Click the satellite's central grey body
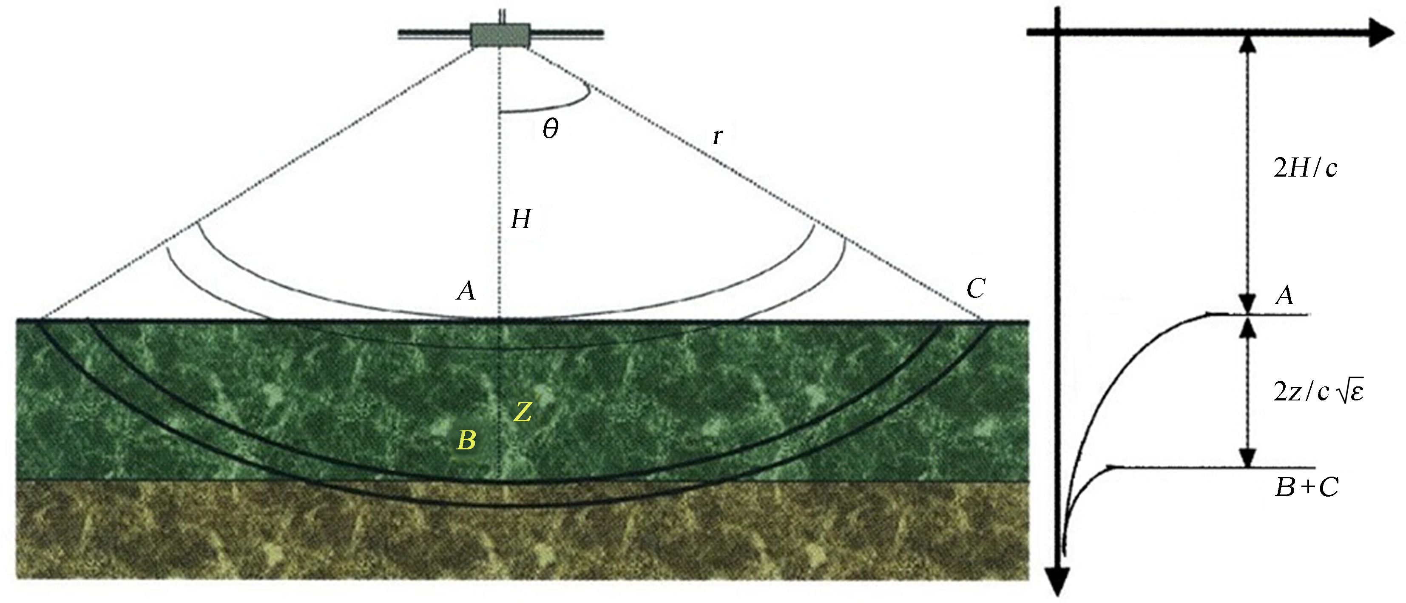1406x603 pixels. [x=500, y=35]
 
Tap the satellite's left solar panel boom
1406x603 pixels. [x=435, y=34]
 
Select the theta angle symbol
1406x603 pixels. [x=550, y=129]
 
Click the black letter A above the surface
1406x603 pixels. [x=466, y=291]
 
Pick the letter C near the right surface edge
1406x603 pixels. [x=976, y=289]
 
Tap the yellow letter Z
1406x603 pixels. [x=523, y=412]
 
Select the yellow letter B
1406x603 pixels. [x=466, y=440]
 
